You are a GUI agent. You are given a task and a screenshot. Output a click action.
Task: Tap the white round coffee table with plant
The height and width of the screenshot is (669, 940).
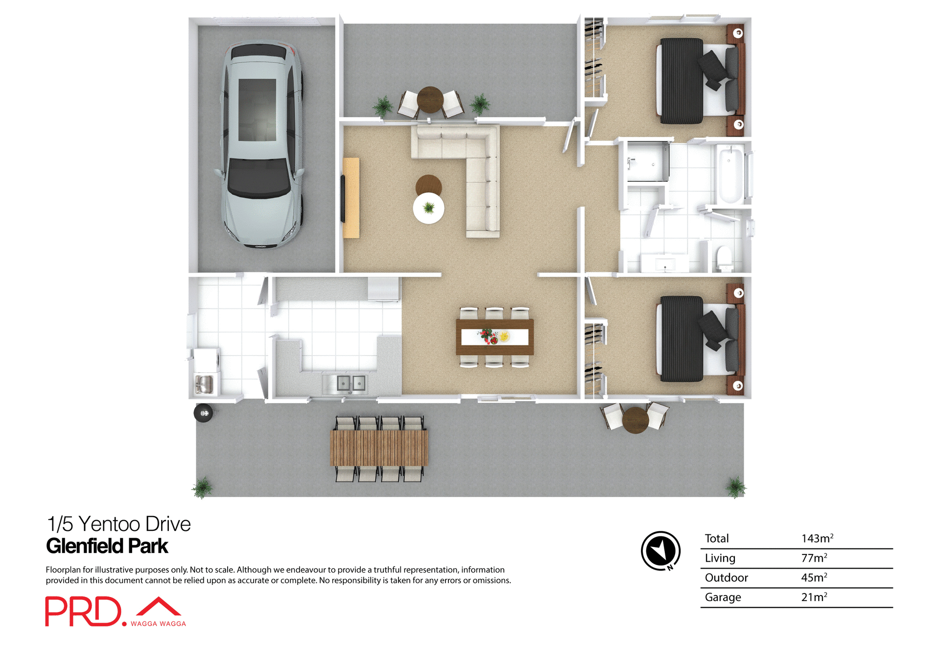coord(428,208)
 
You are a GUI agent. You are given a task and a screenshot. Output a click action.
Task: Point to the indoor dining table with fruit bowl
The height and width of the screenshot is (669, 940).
coord(494,337)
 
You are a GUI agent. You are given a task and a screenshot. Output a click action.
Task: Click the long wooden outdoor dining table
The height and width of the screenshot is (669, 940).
coord(379,448)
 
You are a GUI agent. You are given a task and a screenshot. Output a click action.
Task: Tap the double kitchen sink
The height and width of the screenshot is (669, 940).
coord(351,383)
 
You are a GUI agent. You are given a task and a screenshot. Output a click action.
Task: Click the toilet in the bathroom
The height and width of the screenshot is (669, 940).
coord(724,259)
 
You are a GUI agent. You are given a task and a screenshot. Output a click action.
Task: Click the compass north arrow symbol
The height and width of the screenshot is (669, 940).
coord(660,550)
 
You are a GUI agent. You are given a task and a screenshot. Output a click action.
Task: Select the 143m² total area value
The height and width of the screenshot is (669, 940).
coord(817,538)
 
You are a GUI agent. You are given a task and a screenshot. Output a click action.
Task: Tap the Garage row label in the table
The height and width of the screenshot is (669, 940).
coord(723,597)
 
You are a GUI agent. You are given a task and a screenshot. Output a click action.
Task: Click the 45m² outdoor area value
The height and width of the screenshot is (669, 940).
coord(814,577)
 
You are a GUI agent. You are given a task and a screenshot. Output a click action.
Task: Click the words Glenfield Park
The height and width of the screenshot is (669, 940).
coord(107,546)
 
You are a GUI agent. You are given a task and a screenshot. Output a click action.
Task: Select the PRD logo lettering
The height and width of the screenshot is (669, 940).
coord(83,611)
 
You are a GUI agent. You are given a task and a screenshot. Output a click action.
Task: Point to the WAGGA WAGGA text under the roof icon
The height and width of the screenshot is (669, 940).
coord(158,623)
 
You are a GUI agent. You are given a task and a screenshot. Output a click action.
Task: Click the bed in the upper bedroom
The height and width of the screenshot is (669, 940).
coord(698,81)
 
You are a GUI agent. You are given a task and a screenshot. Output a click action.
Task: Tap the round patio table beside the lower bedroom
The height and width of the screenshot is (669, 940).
coord(635,420)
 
